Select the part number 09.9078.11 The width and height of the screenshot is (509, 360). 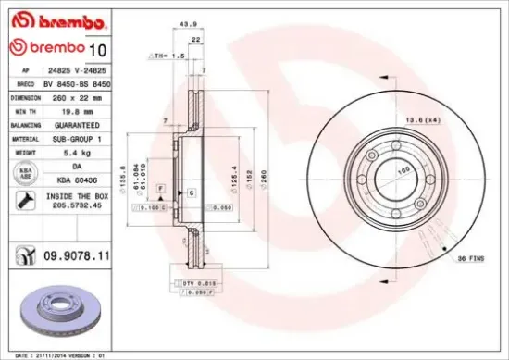click(76, 252)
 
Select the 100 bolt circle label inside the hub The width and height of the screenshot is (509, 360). click(403, 171)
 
